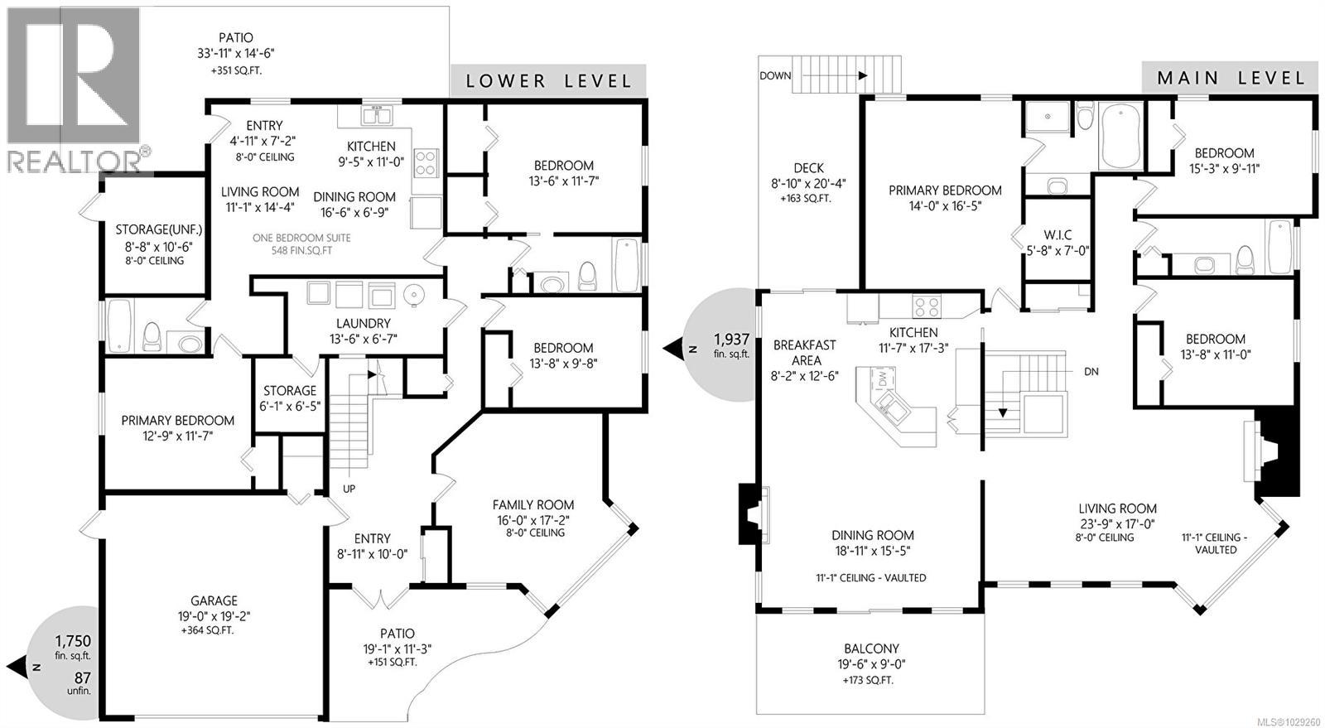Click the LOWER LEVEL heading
tap(548, 80)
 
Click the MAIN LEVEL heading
tap(1231, 78)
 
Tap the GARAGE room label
tap(214, 600)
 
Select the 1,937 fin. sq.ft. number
tap(731, 339)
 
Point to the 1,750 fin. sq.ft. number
tap(73, 641)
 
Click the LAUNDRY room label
tap(363, 323)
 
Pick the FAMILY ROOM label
tap(532, 504)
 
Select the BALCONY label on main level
tap(871, 648)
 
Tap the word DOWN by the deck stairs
tap(775, 75)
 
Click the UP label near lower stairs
tap(349, 489)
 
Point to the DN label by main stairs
tap(1091, 372)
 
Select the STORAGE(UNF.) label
tap(158, 229)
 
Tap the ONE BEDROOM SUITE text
tap(303, 238)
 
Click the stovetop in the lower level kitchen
tap(426, 163)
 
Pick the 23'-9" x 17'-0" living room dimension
tap(1117, 523)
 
